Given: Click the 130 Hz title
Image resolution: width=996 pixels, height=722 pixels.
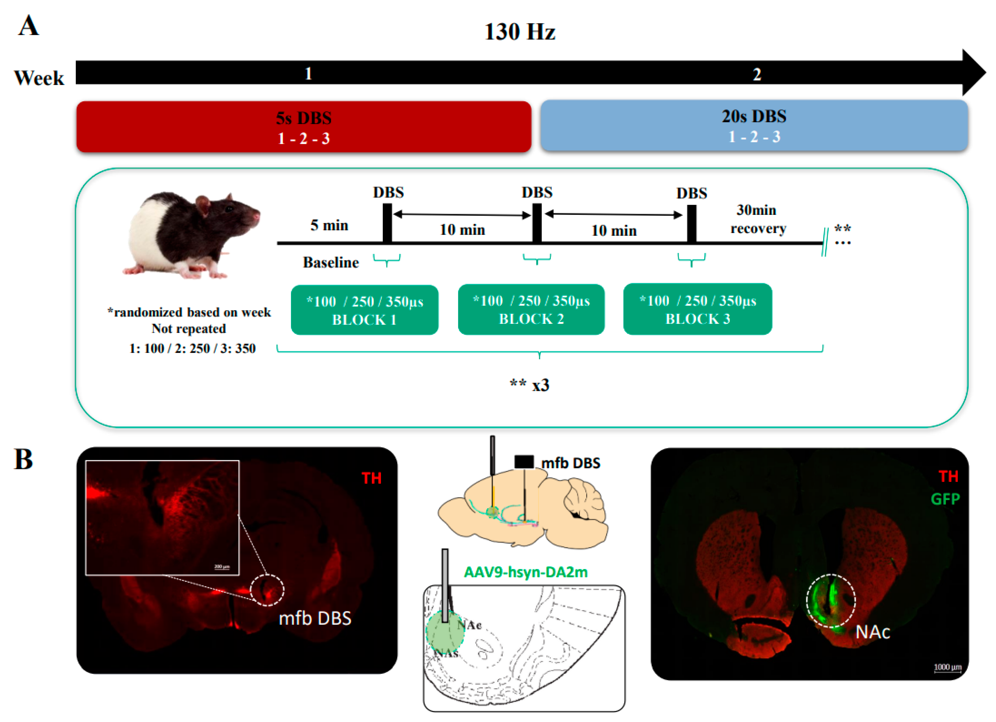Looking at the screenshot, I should pyautogui.click(x=519, y=32).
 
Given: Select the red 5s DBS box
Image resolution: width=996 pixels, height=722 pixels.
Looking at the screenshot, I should pyautogui.click(x=304, y=127).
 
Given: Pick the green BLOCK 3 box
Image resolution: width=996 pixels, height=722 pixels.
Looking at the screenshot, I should pyautogui.click(x=697, y=309).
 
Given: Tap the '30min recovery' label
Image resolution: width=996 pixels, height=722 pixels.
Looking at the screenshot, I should pyautogui.click(x=758, y=219).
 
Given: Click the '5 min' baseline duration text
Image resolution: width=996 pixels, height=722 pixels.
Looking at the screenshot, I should pyautogui.click(x=329, y=225).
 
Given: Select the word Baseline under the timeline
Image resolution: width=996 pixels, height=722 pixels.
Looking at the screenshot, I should pyautogui.click(x=331, y=263).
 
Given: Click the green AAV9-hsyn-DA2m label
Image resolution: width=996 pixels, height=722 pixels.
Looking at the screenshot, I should pyautogui.click(x=525, y=572).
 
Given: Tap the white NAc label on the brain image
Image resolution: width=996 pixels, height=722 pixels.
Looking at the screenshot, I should pyautogui.click(x=872, y=632).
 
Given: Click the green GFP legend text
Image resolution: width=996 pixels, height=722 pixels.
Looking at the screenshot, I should pyautogui.click(x=945, y=499).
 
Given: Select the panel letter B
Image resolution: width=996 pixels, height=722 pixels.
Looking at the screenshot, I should pyautogui.click(x=24, y=460).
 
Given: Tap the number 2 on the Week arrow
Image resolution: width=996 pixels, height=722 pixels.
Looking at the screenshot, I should pyautogui.click(x=757, y=74).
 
